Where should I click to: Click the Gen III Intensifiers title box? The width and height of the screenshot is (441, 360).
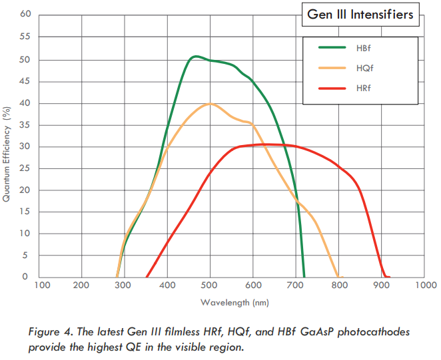point(360,14)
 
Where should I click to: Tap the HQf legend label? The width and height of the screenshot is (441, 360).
point(364,68)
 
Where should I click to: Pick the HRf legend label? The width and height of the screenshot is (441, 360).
point(364,88)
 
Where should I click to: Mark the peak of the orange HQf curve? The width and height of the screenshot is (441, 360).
point(211,104)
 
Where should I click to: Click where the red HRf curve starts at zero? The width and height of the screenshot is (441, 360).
point(147,277)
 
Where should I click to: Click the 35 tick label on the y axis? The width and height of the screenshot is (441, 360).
point(25,124)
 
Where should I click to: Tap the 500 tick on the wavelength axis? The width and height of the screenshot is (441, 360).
point(210,285)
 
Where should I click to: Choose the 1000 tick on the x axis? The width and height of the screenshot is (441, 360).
point(425,285)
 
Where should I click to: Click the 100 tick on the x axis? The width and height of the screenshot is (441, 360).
point(42,285)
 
